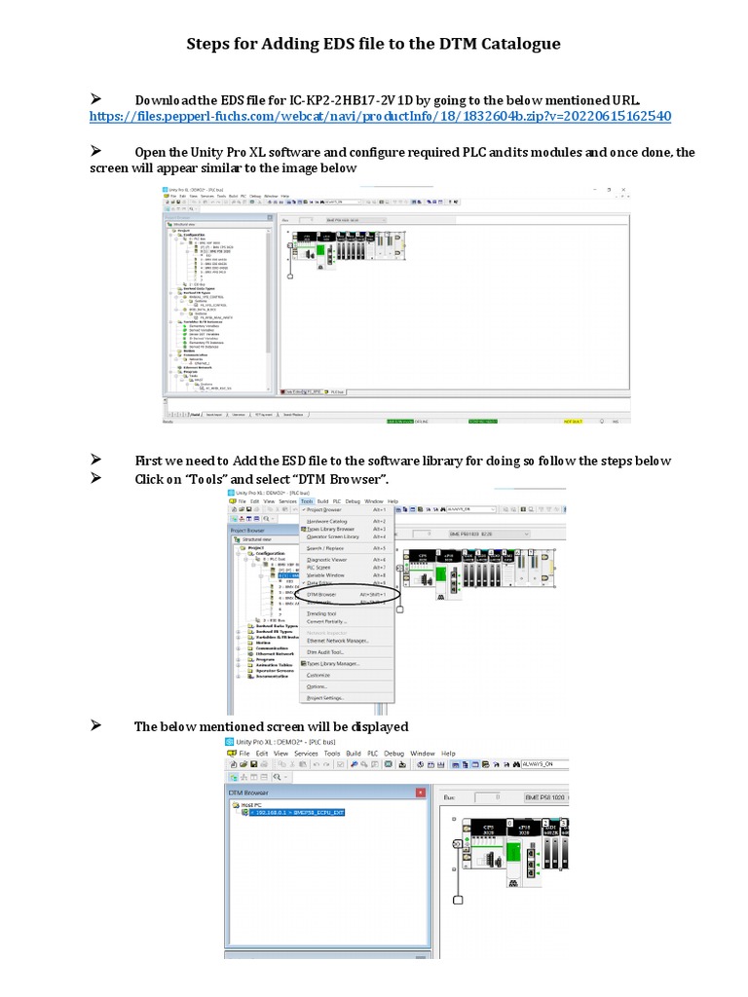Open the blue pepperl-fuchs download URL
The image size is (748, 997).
tap(380, 116)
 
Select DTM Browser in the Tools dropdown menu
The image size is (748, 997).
tap(321, 593)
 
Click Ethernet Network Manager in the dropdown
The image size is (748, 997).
tap(337, 641)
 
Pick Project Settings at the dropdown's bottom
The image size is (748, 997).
tap(326, 698)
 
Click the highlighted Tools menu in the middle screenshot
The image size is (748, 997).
tap(307, 501)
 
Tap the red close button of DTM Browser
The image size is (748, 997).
tap(421, 793)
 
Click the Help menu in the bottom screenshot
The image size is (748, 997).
tap(448, 754)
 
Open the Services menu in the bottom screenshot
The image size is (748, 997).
tap(306, 754)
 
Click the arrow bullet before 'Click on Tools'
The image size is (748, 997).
tap(96, 477)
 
